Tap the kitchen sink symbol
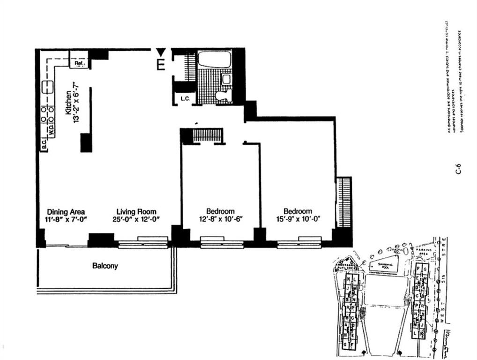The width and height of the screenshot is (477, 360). (x=47, y=87)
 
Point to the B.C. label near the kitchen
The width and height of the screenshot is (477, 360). (x=44, y=146)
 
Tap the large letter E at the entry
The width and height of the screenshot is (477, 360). (x=161, y=65)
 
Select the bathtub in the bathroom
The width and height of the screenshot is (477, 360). (x=214, y=60)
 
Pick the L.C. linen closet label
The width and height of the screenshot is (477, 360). (x=184, y=99)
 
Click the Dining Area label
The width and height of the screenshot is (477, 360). (x=66, y=211)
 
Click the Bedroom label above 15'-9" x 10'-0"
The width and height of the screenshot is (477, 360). (x=298, y=211)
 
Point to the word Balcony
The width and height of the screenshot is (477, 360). (x=105, y=266)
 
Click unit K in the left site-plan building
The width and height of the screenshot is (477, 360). (x=349, y=280)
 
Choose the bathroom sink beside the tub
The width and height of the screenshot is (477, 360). (x=226, y=79)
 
